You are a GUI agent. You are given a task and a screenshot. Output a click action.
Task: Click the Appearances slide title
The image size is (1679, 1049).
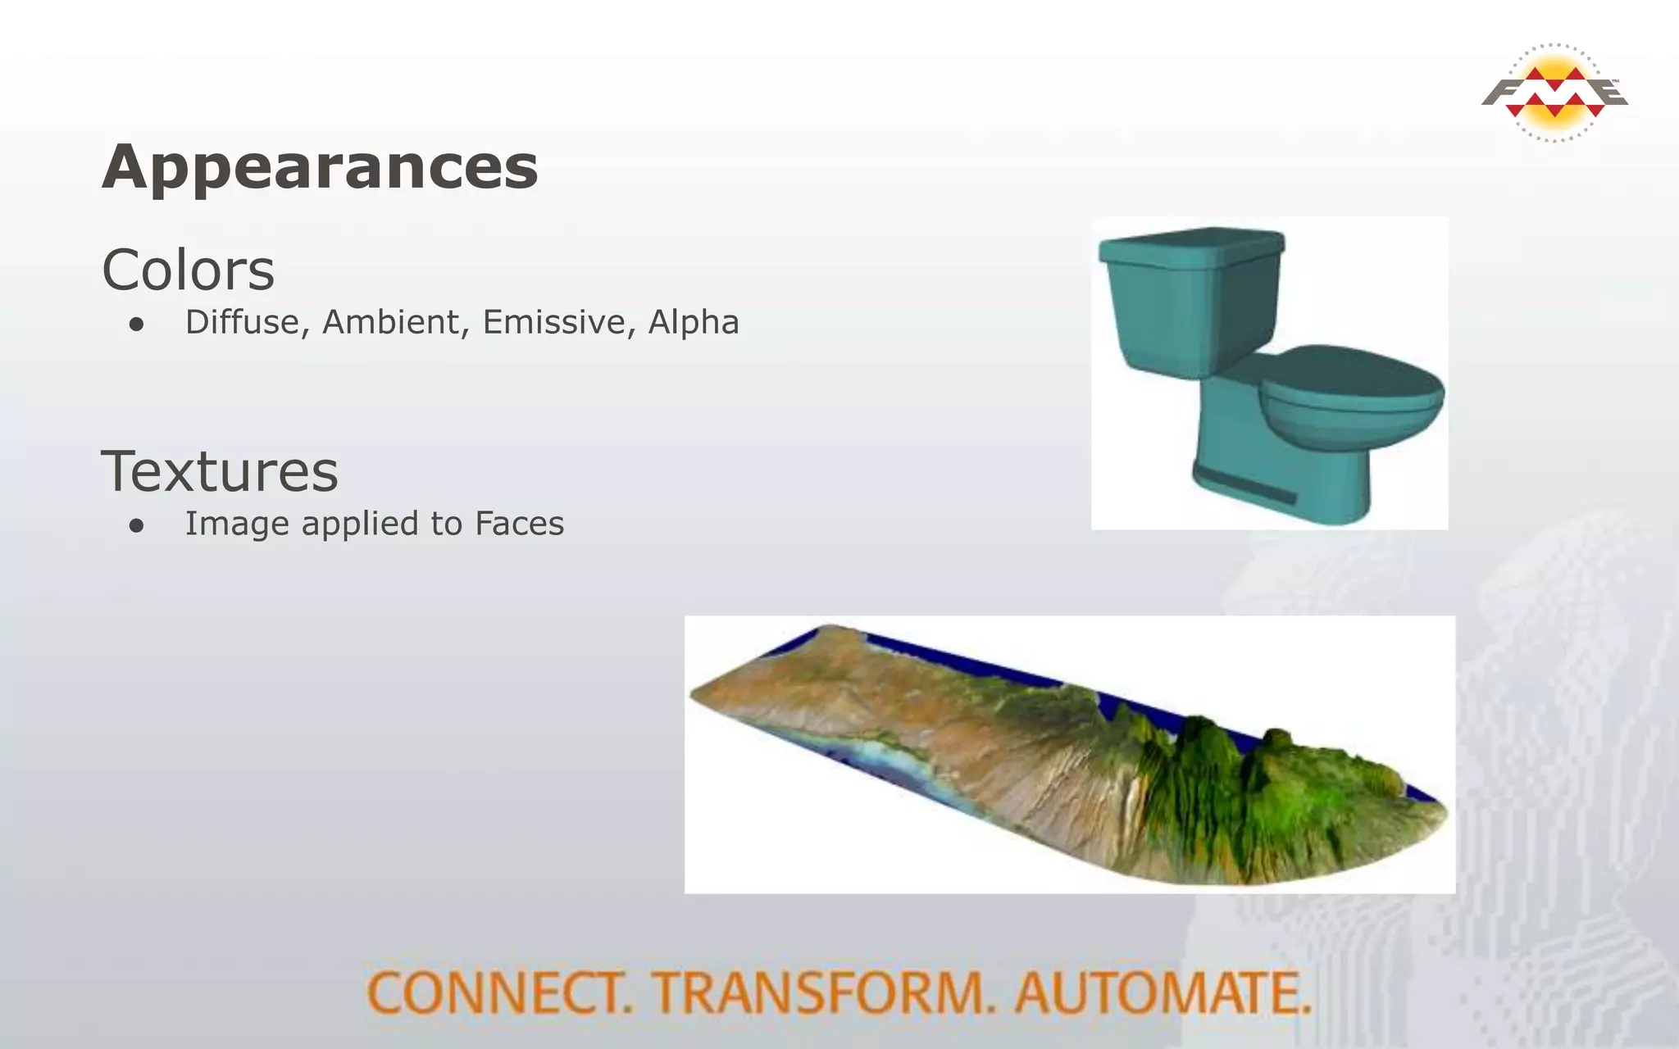(320, 167)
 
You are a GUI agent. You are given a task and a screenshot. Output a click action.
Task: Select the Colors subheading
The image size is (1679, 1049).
(188, 270)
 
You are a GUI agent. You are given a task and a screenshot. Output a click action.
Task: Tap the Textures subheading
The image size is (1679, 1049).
(219, 472)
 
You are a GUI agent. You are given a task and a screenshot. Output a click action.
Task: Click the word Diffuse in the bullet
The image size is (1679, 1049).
(242, 322)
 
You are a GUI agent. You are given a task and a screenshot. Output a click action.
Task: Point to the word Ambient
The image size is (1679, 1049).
(390, 322)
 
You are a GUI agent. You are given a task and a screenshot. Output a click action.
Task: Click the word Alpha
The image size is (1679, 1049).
(694, 322)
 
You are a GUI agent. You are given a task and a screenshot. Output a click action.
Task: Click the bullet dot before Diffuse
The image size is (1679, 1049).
(136, 325)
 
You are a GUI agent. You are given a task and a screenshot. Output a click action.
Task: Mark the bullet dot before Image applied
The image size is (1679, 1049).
(136, 526)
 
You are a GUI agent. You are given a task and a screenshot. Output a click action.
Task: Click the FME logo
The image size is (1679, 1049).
(1554, 93)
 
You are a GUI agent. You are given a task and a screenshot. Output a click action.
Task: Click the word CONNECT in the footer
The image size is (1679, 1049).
(498, 992)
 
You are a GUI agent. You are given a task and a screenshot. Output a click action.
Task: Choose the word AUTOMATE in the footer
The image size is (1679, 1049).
(1163, 992)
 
